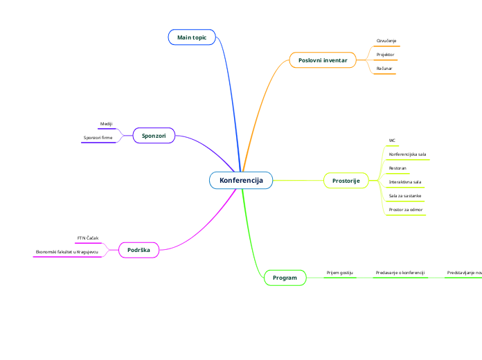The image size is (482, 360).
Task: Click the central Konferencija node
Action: click(241, 180)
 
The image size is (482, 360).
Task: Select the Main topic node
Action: click(192, 37)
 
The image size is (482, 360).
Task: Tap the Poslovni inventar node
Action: click(323, 61)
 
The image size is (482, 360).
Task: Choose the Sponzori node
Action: click(154, 136)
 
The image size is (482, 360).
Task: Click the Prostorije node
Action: click(346, 181)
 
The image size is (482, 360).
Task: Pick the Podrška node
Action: click(139, 249)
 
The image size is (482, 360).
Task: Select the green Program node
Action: click(285, 278)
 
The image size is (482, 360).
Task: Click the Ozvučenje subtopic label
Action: click(386, 41)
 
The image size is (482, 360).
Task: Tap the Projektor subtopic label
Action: click(385, 54)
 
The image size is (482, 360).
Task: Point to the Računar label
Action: click(384, 69)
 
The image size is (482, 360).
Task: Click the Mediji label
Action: click(106, 124)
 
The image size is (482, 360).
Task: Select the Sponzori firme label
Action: click(98, 138)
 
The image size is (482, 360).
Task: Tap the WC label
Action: click(392, 140)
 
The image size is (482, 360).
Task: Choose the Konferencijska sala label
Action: click(407, 154)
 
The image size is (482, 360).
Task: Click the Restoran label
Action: click(398, 168)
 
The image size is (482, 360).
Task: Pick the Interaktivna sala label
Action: click(405, 181)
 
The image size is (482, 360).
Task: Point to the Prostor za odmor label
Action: click(406, 209)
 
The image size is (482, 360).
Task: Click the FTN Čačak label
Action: click(88, 238)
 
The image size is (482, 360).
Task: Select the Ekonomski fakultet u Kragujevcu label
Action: click(67, 251)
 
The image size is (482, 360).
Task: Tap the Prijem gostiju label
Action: click(340, 273)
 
